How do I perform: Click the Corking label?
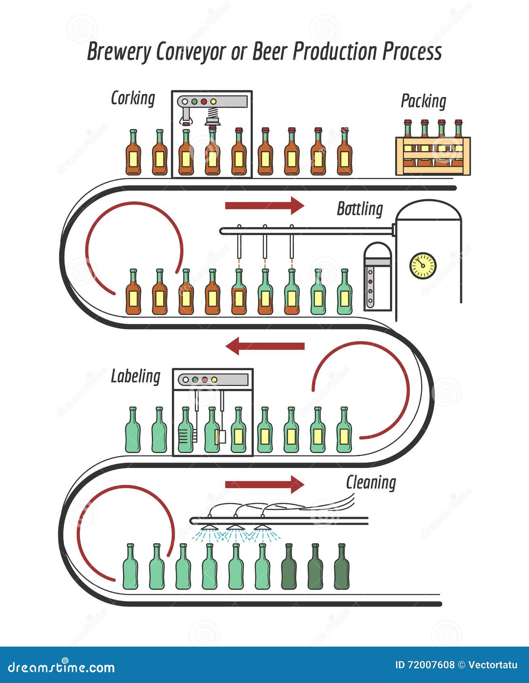click(133, 98)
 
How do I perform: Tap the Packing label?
click(423, 101)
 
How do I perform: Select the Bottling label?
click(360, 209)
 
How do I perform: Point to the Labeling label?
click(135, 376)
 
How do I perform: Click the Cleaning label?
click(371, 483)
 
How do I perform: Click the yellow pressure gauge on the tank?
click(423, 266)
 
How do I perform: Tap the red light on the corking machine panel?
click(204, 102)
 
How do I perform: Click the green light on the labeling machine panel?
click(195, 380)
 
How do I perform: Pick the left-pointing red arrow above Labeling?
click(265, 346)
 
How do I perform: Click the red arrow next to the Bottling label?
click(264, 206)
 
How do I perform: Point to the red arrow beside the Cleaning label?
click(264, 484)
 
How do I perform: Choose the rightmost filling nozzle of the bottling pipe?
click(292, 245)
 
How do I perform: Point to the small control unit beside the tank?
click(377, 277)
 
